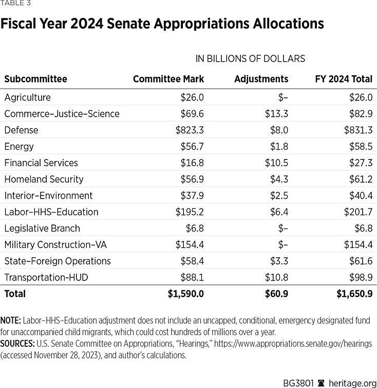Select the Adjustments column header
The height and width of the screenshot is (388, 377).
pyautogui.click(x=261, y=79)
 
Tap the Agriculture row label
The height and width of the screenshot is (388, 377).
pyautogui.click(x=27, y=97)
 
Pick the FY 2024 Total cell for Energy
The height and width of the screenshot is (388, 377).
pyautogui.click(x=358, y=147)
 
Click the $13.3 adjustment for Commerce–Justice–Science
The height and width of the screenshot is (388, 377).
pyautogui.click(x=276, y=114)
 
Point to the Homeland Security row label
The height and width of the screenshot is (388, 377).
pyautogui.click(x=44, y=179)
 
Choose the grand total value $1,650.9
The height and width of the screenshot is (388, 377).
pyautogui.click(x=354, y=294)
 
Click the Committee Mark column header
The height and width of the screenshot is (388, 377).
pyautogui.click(x=168, y=79)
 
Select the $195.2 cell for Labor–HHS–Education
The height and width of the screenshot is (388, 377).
pyautogui.click(x=190, y=212)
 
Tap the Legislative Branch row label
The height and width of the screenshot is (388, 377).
pyautogui.click(x=42, y=228)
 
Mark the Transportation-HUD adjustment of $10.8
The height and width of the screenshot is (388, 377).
pyautogui.click(x=276, y=277)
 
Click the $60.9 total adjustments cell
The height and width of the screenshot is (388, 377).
pyautogui.click(x=276, y=294)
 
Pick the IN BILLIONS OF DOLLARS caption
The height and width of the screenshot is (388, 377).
pyautogui.click(x=250, y=59)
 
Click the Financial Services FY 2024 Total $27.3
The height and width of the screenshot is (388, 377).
pyautogui.click(x=359, y=163)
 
